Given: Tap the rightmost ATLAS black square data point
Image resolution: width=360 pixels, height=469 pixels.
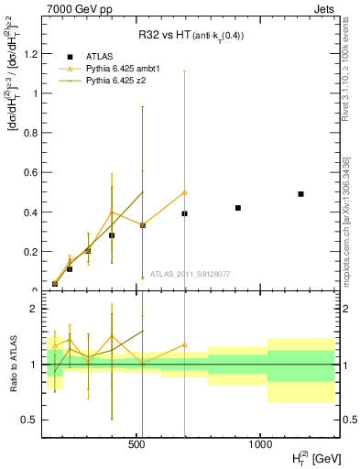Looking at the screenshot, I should [300, 194].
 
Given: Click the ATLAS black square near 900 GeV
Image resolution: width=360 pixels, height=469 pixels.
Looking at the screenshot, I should [238, 208].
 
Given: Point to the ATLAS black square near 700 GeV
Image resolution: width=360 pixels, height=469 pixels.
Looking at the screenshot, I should [184, 213].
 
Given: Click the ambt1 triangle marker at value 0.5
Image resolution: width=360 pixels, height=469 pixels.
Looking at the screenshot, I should [184, 192].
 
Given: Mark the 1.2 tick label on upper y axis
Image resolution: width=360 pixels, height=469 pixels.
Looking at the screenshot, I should [29, 53].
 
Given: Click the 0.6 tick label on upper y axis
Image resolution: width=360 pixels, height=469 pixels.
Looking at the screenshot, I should [29, 172].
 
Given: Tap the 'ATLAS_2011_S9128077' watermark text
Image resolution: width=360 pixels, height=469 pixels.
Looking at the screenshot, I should [190, 274].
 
